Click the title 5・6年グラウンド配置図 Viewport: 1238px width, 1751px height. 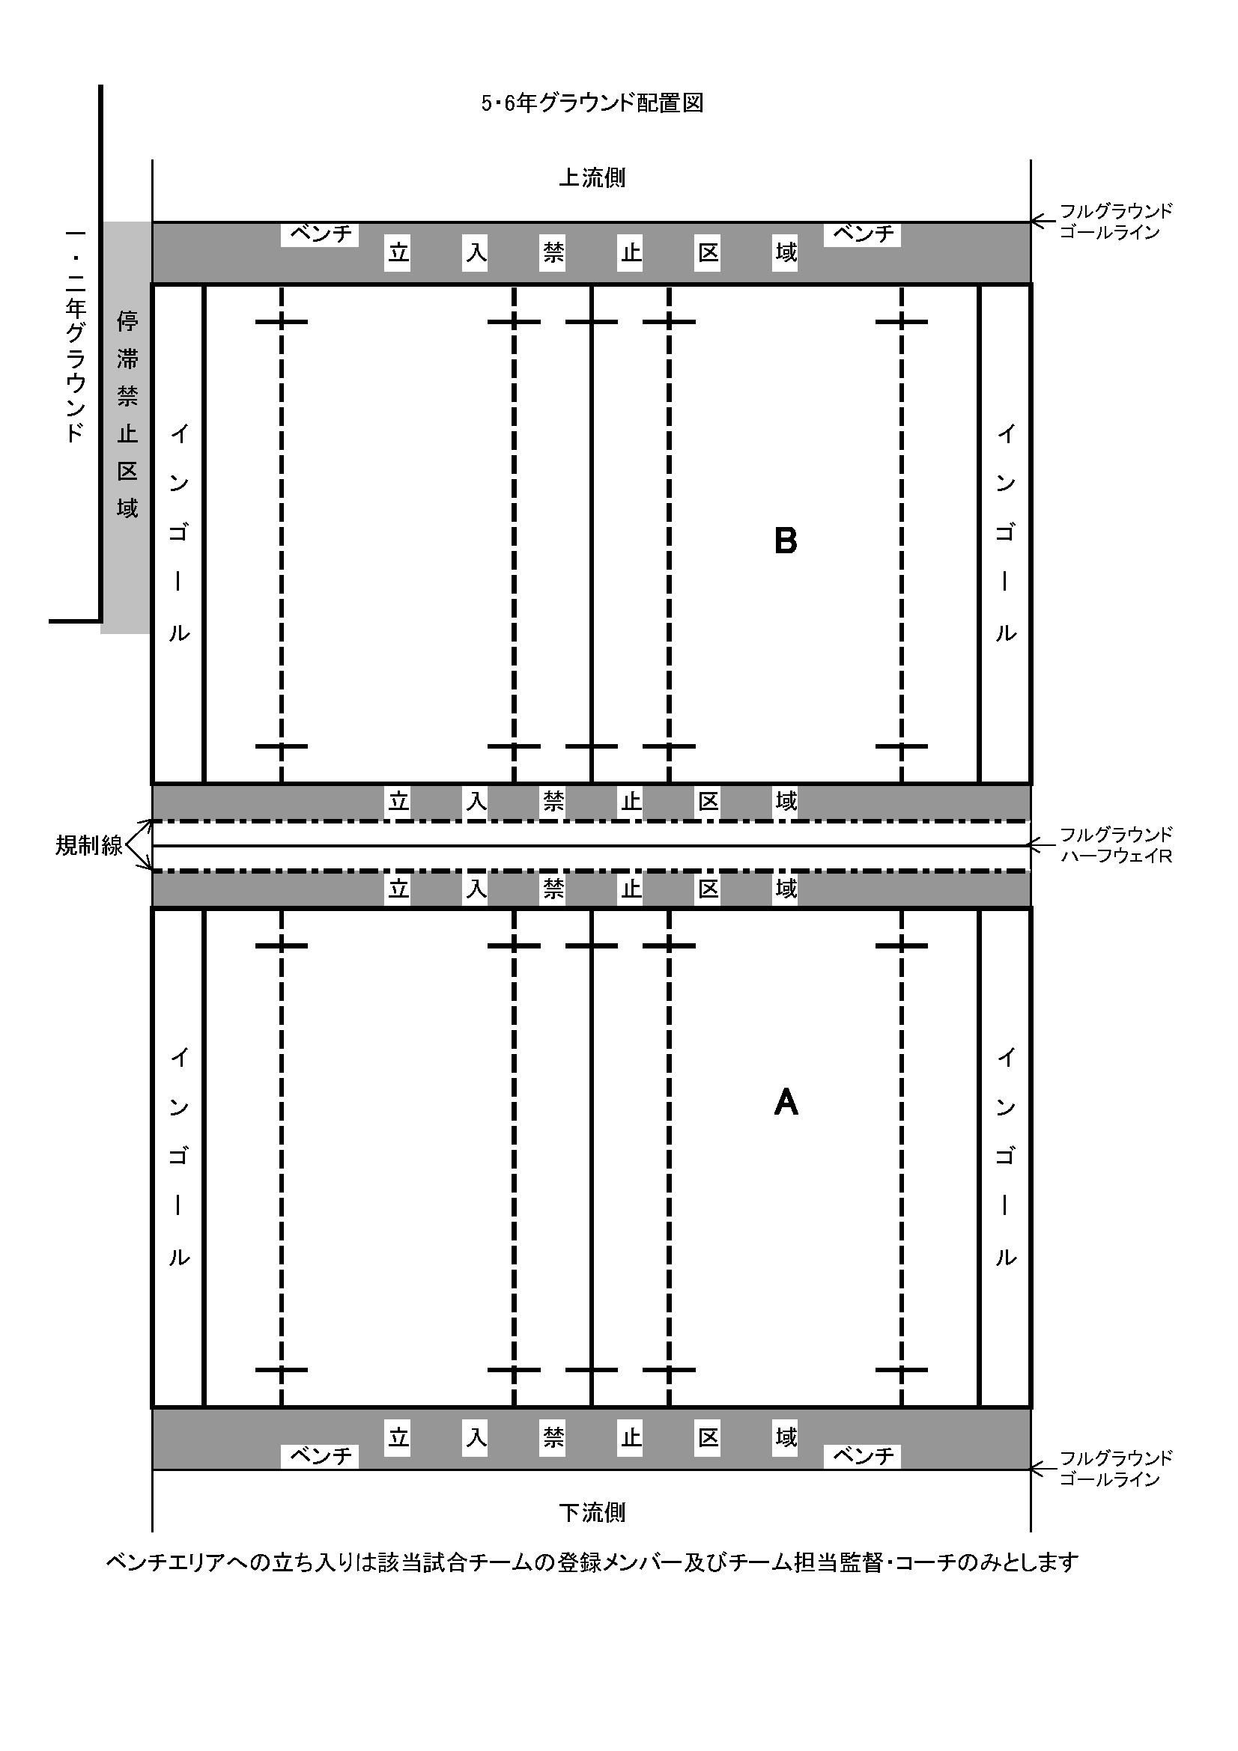592,103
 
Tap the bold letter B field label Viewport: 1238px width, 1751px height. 786,540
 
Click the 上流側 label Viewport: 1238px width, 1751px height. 592,177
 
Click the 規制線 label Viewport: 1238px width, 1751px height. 88,845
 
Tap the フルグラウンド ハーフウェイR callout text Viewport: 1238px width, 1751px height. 1116,845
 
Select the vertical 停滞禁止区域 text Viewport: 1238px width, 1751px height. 127,414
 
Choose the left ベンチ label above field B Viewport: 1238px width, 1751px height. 321,234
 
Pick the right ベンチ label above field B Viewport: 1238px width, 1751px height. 863,234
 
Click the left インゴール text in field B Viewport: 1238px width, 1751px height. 178,533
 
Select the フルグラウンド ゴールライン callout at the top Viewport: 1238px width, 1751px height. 1116,221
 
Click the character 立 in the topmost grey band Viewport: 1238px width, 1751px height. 398,252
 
